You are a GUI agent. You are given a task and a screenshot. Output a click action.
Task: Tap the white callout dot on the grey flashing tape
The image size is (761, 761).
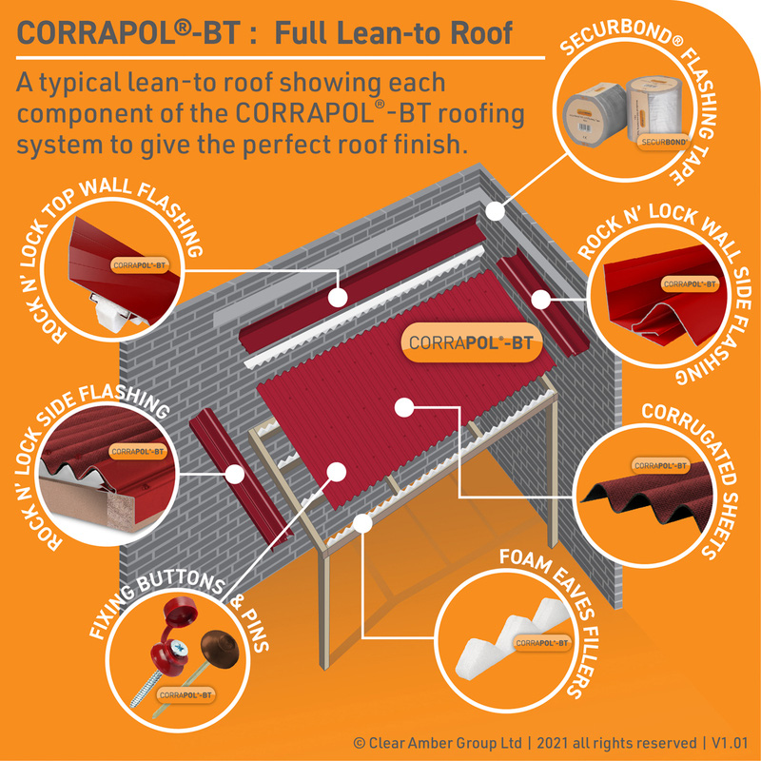click(x=492, y=208)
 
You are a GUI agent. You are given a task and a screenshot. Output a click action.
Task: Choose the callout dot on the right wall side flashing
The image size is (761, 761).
click(x=540, y=300)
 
